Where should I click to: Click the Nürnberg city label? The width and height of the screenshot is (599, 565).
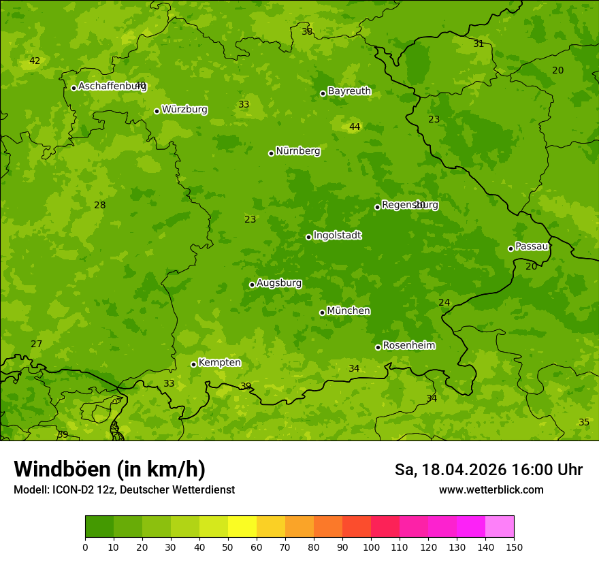pos(297,151)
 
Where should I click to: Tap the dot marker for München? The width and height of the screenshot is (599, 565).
pos(323,312)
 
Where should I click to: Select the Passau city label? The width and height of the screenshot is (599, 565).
pos(532,246)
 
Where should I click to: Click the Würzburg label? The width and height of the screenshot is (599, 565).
pos(184,110)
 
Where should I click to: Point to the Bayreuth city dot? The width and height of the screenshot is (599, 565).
pos(323,93)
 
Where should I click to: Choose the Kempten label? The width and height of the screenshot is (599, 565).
pos(219,363)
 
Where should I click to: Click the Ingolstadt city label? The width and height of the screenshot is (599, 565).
pos(337,236)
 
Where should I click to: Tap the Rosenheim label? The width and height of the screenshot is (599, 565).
pos(408,346)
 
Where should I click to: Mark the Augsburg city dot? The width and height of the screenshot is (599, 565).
pos(252,285)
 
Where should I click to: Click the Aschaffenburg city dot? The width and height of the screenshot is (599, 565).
pos(74,88)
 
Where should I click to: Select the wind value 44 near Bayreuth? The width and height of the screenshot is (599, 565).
pos(355,127)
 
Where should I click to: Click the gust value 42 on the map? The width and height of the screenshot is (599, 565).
pos(35,61)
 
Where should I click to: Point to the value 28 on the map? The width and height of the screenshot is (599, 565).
pos(100,206)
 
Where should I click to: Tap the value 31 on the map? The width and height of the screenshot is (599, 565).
pos(479,44)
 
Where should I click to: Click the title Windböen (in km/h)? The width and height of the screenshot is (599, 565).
pos(110,469)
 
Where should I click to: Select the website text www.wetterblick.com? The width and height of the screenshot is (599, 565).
pos(491,490)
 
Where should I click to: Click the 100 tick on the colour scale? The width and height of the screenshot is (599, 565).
pos(371,547)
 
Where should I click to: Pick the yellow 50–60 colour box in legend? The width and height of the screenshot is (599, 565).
pos(242,527)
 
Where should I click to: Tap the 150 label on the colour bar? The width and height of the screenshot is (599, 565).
pos(514,547)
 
